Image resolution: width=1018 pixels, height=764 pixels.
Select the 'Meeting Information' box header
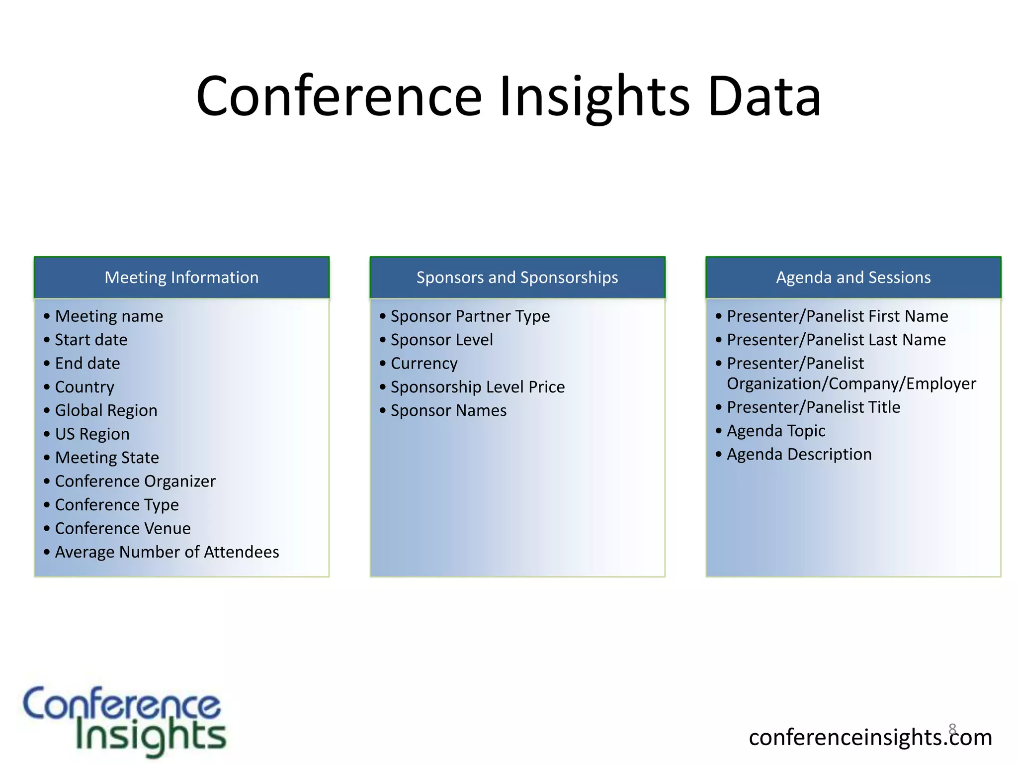(x=181, y=278)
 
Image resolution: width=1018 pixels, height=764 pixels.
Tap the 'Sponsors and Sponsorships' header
(x=517, y=278)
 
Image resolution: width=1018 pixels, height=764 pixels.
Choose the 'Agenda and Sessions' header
(x=853, y=278)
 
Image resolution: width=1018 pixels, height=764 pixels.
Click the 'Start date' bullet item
(x=91, y=340)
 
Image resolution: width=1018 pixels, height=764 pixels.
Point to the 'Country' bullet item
(x=85, y=387)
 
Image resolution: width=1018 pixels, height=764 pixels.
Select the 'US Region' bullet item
(x=92, y=434)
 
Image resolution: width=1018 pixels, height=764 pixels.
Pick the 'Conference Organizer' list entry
(x=135, y=481)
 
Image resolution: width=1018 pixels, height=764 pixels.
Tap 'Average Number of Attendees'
(x=167, y=552)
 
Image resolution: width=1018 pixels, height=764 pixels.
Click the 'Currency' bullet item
(x=424, y=364)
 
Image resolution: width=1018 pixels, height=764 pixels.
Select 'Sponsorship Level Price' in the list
(x=478, y=387)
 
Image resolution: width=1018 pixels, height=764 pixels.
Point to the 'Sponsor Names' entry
(x=448, y=411)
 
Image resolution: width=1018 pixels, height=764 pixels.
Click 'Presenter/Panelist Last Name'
(x=836, y=340)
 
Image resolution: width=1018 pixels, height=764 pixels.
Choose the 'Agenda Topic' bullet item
(x=776, y=431)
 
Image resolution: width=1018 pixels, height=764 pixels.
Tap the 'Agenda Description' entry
(x=799, y=455)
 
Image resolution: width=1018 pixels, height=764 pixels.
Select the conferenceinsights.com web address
(x=870, y=737)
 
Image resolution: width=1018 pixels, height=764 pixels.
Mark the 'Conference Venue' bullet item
(x=123, y=529)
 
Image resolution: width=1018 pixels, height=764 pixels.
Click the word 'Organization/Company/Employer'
(x=851, y=384)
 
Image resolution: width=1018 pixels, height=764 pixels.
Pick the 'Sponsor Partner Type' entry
(x=470, y=316)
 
